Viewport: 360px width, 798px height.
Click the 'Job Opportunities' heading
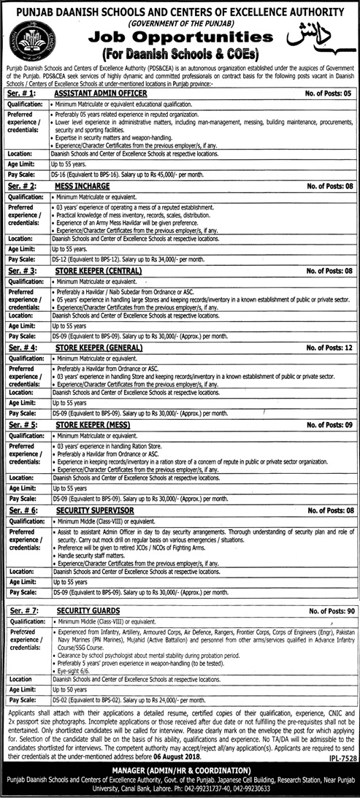coord(180,38)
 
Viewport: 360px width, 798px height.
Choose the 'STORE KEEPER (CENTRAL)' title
coord(99,270)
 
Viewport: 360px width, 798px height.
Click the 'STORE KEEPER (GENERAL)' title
coord(99,348)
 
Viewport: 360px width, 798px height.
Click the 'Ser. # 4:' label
coord(24,348)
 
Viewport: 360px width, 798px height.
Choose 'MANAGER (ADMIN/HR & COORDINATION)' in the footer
coord(180,770)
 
